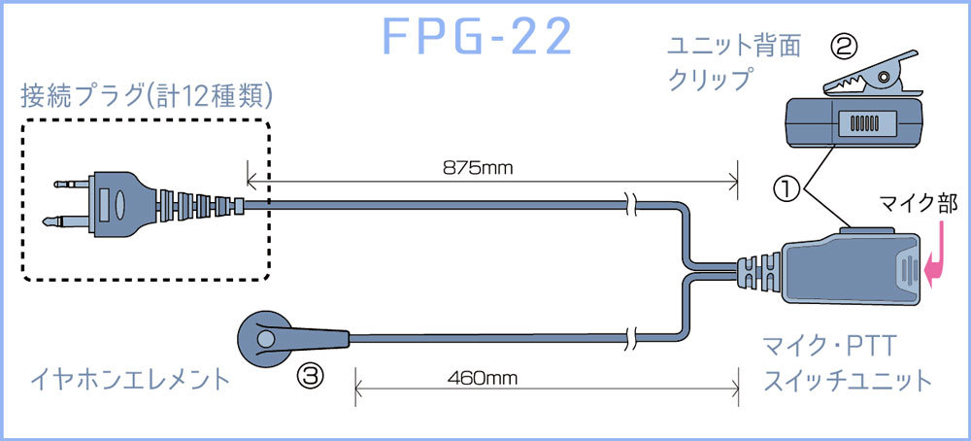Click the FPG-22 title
pyautogui.click(x=477, y=37)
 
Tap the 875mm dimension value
pyautogui.click(x=479, y=167)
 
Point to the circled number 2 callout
pyautogui.click(x=844, y=46)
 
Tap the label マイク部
pyautogui.click(x=919, y=204)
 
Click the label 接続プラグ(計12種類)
pyautogui.click(x=146, y=95)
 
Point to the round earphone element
pyautogui.click(x=264, y=337)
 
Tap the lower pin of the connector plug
pyautogui.click(x=64, y=222)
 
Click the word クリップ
pyautogui.click(x=710, y=80)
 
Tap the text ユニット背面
pyautogui.click(x=734, y=46)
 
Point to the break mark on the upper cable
pyautogui.click(x=631, y=204)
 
